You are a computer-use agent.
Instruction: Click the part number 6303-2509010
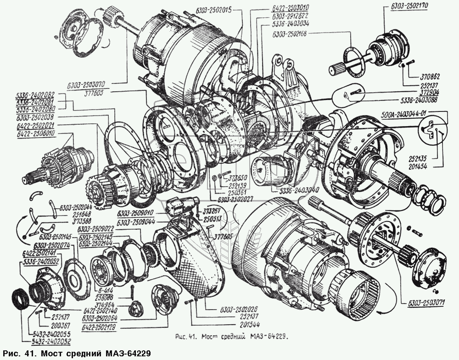click(x=134, y=214)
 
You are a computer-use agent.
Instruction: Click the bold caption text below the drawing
click(x=77, y=354)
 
